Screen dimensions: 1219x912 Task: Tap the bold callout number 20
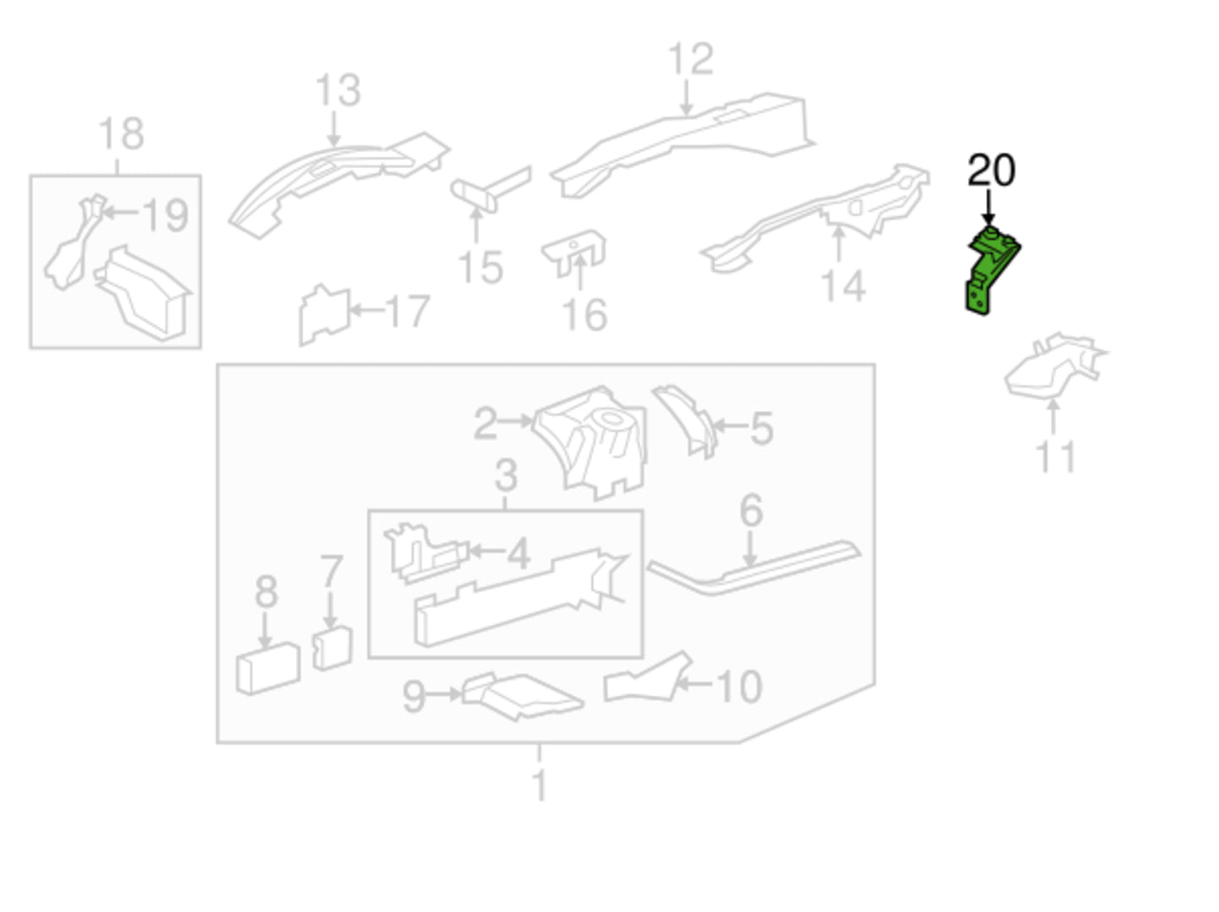point(991,171)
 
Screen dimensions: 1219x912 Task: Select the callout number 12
point(690,58)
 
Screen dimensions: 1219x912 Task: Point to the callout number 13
point(338,90)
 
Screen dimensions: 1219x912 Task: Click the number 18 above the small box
point(122,133)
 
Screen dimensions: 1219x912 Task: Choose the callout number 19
point(166,214)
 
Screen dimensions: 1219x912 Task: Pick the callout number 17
point(408,311)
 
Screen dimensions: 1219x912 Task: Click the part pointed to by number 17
point(325,315)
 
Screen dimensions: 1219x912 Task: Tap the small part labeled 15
point(490,189)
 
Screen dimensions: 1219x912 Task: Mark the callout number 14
point(842,286)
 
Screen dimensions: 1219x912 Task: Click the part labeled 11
point(1055,366)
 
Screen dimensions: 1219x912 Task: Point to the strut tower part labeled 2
point(590,442)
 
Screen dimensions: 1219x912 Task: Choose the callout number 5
point(761,428)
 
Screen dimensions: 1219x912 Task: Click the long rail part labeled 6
point(755,567)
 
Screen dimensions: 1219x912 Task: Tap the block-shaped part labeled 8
point(269,668)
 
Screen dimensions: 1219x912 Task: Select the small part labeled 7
point(332,648)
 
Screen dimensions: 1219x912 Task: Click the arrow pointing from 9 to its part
point(444,694)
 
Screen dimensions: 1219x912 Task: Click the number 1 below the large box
point(539,785)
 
